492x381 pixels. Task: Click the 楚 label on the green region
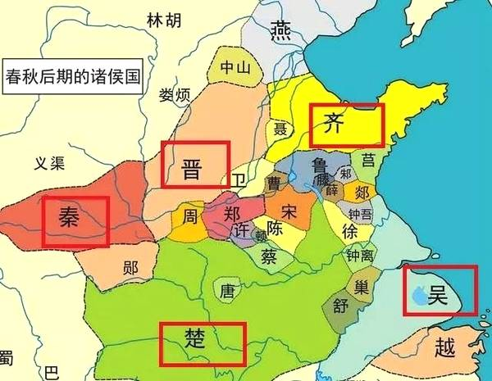(200, 342)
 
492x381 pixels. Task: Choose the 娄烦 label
(175, 95)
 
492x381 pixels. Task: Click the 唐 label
(227, 290)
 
